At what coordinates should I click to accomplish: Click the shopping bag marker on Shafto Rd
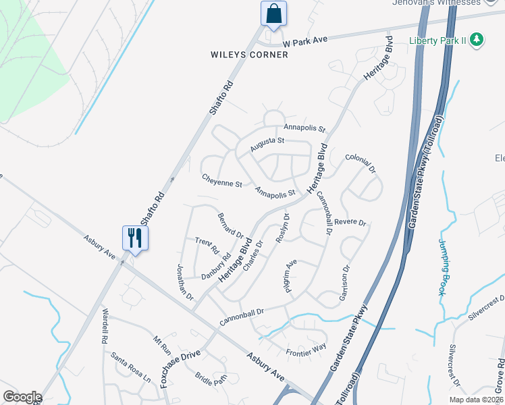(273, 14)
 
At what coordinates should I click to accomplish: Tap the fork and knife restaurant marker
(134, 238)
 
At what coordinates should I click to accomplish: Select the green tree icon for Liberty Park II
(477, 40)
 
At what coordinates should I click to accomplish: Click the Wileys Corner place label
(248, 55)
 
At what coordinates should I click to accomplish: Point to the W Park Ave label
(305, 40)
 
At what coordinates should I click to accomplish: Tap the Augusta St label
(268, 142)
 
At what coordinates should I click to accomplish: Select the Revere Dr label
(350, 222)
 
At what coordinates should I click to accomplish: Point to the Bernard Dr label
(230, 225)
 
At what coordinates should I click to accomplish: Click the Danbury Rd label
(216, 267)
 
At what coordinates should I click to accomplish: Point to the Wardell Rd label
(105, 326)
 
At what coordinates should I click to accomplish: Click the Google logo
(22, 397)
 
